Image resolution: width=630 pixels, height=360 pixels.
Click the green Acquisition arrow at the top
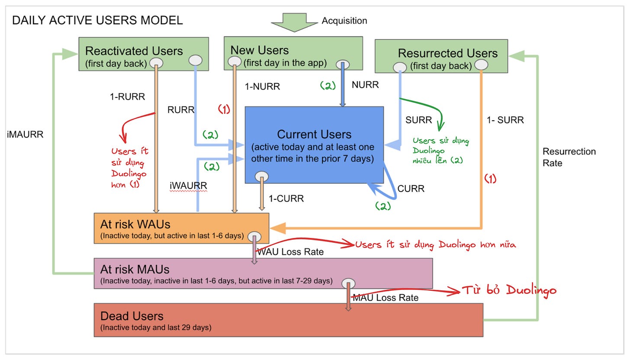pos(294,22)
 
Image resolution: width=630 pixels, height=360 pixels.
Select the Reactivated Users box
pos(144,54)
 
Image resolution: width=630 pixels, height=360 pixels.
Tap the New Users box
pos(293,53)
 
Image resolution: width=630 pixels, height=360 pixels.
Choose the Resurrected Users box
pos(441,56)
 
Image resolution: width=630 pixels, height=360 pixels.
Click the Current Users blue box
pos(314,145)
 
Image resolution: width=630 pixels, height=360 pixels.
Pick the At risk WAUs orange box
pos(181,228)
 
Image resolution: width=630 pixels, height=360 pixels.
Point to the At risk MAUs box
pos(263,273)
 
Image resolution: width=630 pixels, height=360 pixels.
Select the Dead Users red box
pos(289,320)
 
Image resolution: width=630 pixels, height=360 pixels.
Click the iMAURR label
pos(25,135)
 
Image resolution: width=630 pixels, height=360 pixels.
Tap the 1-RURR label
pos(127,97)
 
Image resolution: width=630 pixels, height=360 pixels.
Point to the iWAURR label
pos(189,186)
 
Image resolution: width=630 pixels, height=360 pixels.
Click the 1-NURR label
pos(262,87)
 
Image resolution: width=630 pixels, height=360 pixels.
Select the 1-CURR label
pos(286,199)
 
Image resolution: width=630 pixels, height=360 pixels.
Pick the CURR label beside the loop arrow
pos(411,189)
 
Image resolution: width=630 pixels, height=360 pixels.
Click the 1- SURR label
pos(505,120)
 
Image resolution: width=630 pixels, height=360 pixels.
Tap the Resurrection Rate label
pos(569,157)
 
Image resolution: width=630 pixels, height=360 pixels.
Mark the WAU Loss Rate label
pos(290,252)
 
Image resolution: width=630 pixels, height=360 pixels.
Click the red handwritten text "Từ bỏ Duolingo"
pos(509,290)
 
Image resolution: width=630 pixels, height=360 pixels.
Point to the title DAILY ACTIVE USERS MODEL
pos(98,20)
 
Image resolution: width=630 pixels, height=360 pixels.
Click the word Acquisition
pos(344,20)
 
